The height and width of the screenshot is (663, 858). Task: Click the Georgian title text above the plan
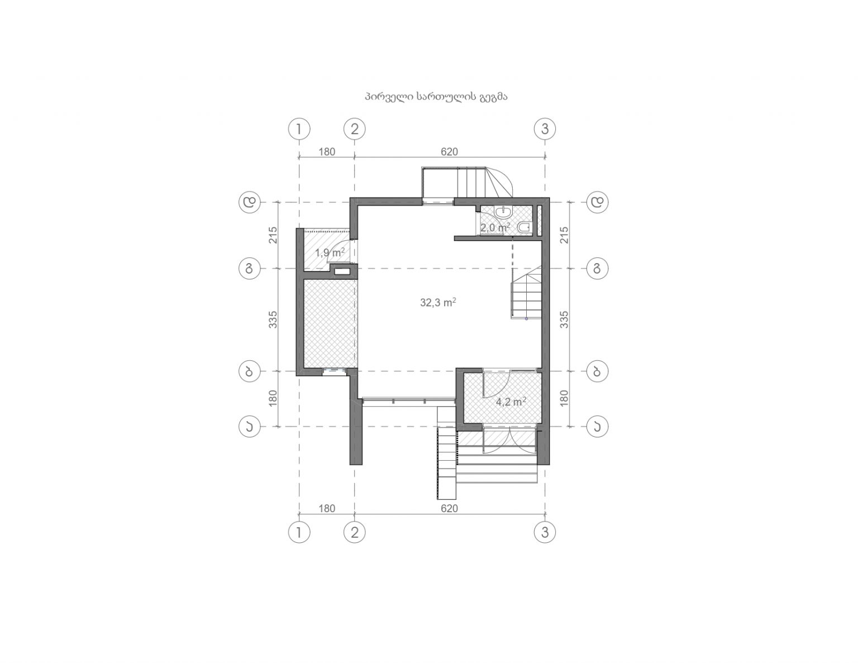[x=436, y=97]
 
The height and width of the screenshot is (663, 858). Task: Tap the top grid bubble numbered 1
[x=299, y=129]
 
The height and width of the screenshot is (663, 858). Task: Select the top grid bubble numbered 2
[x=354, y=129]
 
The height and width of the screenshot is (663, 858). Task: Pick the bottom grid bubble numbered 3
[x=545, y=533]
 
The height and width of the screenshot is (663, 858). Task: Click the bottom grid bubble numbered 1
[x=299, y=533]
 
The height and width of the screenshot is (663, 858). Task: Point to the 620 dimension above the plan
[x=449, y=152]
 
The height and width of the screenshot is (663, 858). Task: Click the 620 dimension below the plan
[x=449, y=509]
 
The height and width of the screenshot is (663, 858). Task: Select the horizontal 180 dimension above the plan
[x=327, y=152]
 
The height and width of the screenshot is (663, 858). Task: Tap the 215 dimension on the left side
[x=273, y=235]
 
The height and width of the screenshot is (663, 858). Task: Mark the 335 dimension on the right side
[x=565, y=319]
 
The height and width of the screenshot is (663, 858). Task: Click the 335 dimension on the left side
[x=273, y=319]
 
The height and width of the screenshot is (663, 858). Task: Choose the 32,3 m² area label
[x=438, y=302]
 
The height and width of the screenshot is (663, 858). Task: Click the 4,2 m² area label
[x=511, y=402]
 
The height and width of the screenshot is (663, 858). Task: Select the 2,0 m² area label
[x=495, y=227]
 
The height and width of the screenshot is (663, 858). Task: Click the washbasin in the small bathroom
[x=504, y=213]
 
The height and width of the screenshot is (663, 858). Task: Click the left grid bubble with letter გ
[x=250, y=269]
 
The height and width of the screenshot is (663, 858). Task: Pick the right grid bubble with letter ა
[x=597, y=427]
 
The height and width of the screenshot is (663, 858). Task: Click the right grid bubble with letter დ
[x=597, y=202]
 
